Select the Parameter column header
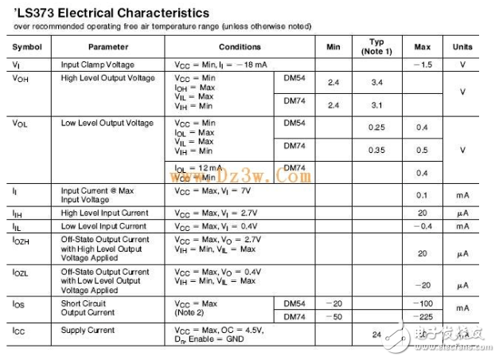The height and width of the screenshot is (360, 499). [107, 47]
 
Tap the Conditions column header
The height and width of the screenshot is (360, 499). [240, 47]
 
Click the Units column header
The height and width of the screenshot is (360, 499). [462, 47]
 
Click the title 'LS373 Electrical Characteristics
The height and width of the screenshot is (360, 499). [112, 13]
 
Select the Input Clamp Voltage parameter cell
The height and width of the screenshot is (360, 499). [97, 64]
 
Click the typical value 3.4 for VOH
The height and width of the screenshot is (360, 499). [377, 82]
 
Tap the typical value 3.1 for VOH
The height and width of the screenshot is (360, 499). [377, 105]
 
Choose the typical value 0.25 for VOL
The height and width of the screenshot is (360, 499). [377, 127]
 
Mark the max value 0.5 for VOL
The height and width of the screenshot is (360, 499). [422, 150]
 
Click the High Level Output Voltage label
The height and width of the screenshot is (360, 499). [107, 77]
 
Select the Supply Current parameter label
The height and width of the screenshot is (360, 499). [88, 330]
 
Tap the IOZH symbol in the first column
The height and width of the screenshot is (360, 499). [22, 240]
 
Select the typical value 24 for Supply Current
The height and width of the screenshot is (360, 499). [376, 335]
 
